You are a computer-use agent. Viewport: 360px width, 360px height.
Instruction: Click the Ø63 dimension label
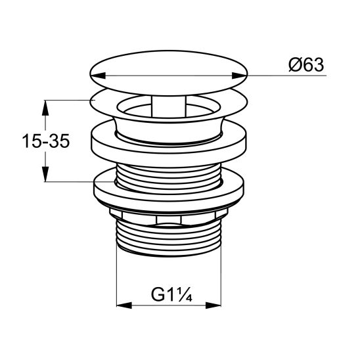click(305, 65)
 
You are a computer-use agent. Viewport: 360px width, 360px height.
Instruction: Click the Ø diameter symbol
click(293, 65)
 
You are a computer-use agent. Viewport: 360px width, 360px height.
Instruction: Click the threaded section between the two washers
click(168, 172)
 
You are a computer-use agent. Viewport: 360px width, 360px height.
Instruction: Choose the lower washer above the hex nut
click(168, 192)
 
